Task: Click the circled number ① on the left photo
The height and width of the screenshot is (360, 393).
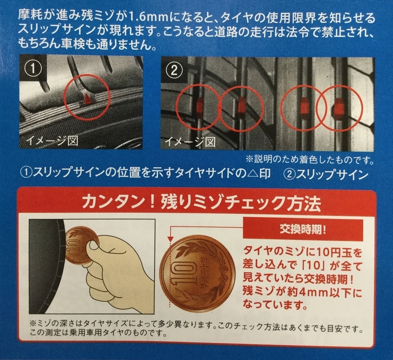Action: pyautogui.click(x=33, y=68)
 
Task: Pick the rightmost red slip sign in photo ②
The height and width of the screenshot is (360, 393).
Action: pyautogui.click(x=338, y=107)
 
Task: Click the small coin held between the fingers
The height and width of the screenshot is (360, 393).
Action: pyautogui.click(x=82, y=242)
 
